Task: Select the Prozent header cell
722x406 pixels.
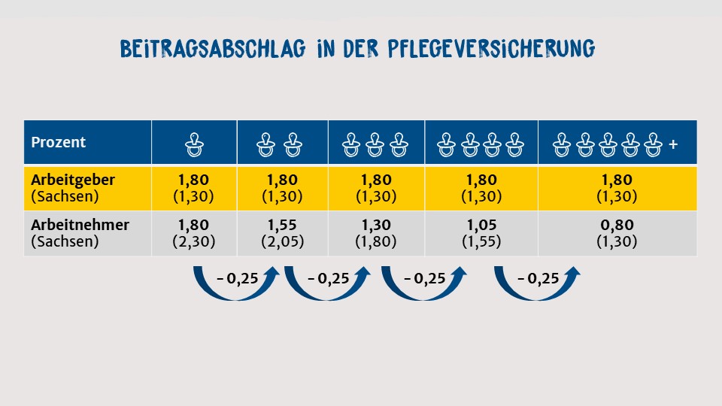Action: pyautogui.click(x=59, y=142)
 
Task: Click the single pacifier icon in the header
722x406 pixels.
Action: pyautogui.click(x=195, y=143)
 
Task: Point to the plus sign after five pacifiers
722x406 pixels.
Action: pyautogui.click(x=672, y=143)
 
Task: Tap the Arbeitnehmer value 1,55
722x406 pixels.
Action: pyautogui.click(x=282, y=225)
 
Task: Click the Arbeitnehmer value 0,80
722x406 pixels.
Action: pyautogui.click(x=617, y=225)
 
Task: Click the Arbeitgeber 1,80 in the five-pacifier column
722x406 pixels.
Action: pyautogui.click(x=617, y=181)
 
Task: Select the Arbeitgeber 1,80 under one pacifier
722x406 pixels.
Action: pyautogui.click(x=195, y=181)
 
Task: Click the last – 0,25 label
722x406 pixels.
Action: pyautogui.click(x=538, y=278)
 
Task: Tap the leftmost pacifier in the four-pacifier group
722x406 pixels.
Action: pyautogui.click(x=447, y=143)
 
